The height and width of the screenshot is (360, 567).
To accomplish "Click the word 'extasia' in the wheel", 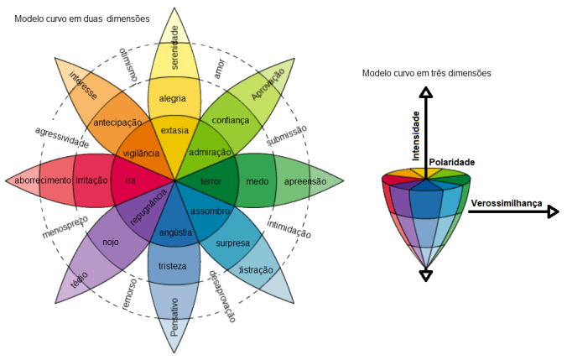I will point(174,130).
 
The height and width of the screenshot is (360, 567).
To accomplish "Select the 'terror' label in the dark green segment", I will point(210,181).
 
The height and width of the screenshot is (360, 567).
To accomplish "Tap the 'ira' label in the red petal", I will point(130,181).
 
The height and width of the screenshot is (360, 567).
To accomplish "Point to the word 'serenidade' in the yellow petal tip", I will point(175,47).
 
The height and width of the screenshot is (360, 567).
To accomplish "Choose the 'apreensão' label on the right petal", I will point(305,181).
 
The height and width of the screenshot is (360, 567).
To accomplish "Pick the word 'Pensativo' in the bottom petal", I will point(174,316).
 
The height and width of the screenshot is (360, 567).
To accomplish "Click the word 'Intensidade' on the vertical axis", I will point(415,134).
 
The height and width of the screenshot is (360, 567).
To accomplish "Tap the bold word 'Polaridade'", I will point(452,162).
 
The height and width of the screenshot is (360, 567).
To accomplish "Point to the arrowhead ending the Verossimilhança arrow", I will point(552,212).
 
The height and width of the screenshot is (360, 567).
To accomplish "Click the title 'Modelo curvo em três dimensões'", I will point(426,73).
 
